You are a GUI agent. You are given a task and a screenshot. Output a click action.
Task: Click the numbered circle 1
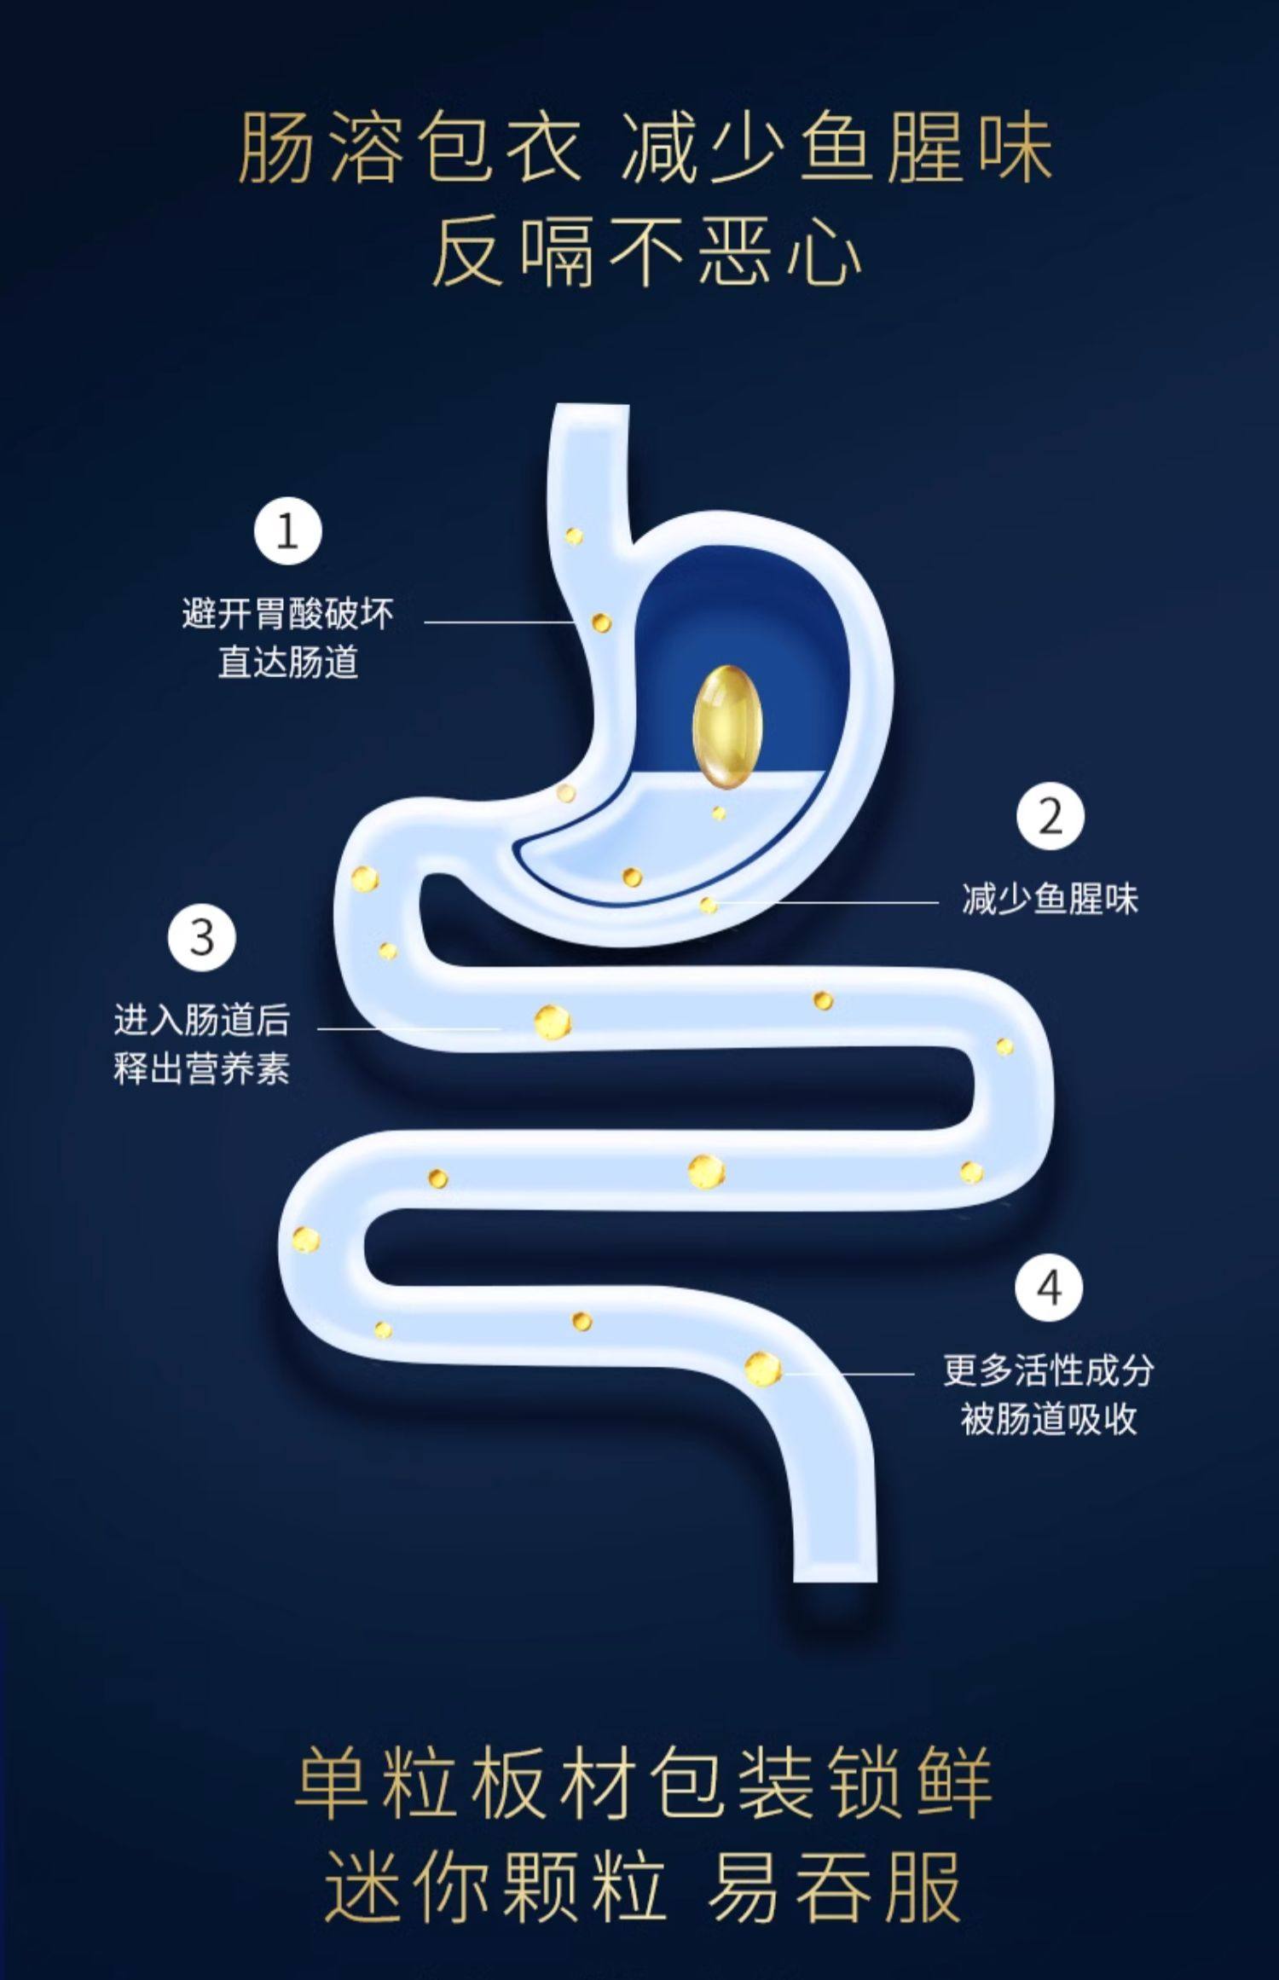(288, 530)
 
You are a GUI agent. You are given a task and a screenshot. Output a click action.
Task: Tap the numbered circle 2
(1050, 816)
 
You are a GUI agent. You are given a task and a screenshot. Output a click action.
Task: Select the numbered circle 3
(201, 937)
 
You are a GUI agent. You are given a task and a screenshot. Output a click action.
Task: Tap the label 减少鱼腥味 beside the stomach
(1050, 899)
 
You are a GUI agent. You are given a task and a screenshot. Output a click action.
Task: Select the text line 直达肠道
(288, 663)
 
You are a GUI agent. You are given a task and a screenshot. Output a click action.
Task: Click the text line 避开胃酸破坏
(288, 613)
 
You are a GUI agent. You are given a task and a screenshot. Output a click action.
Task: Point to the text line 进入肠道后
(202, 1020)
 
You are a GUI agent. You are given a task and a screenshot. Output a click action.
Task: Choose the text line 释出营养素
(202, 1068)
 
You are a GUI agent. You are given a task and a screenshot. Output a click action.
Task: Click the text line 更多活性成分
(1049, 1370)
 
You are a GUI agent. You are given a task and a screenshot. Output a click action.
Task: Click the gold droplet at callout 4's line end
(762, 1368)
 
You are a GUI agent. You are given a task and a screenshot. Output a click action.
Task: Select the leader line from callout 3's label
(409, 1028)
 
